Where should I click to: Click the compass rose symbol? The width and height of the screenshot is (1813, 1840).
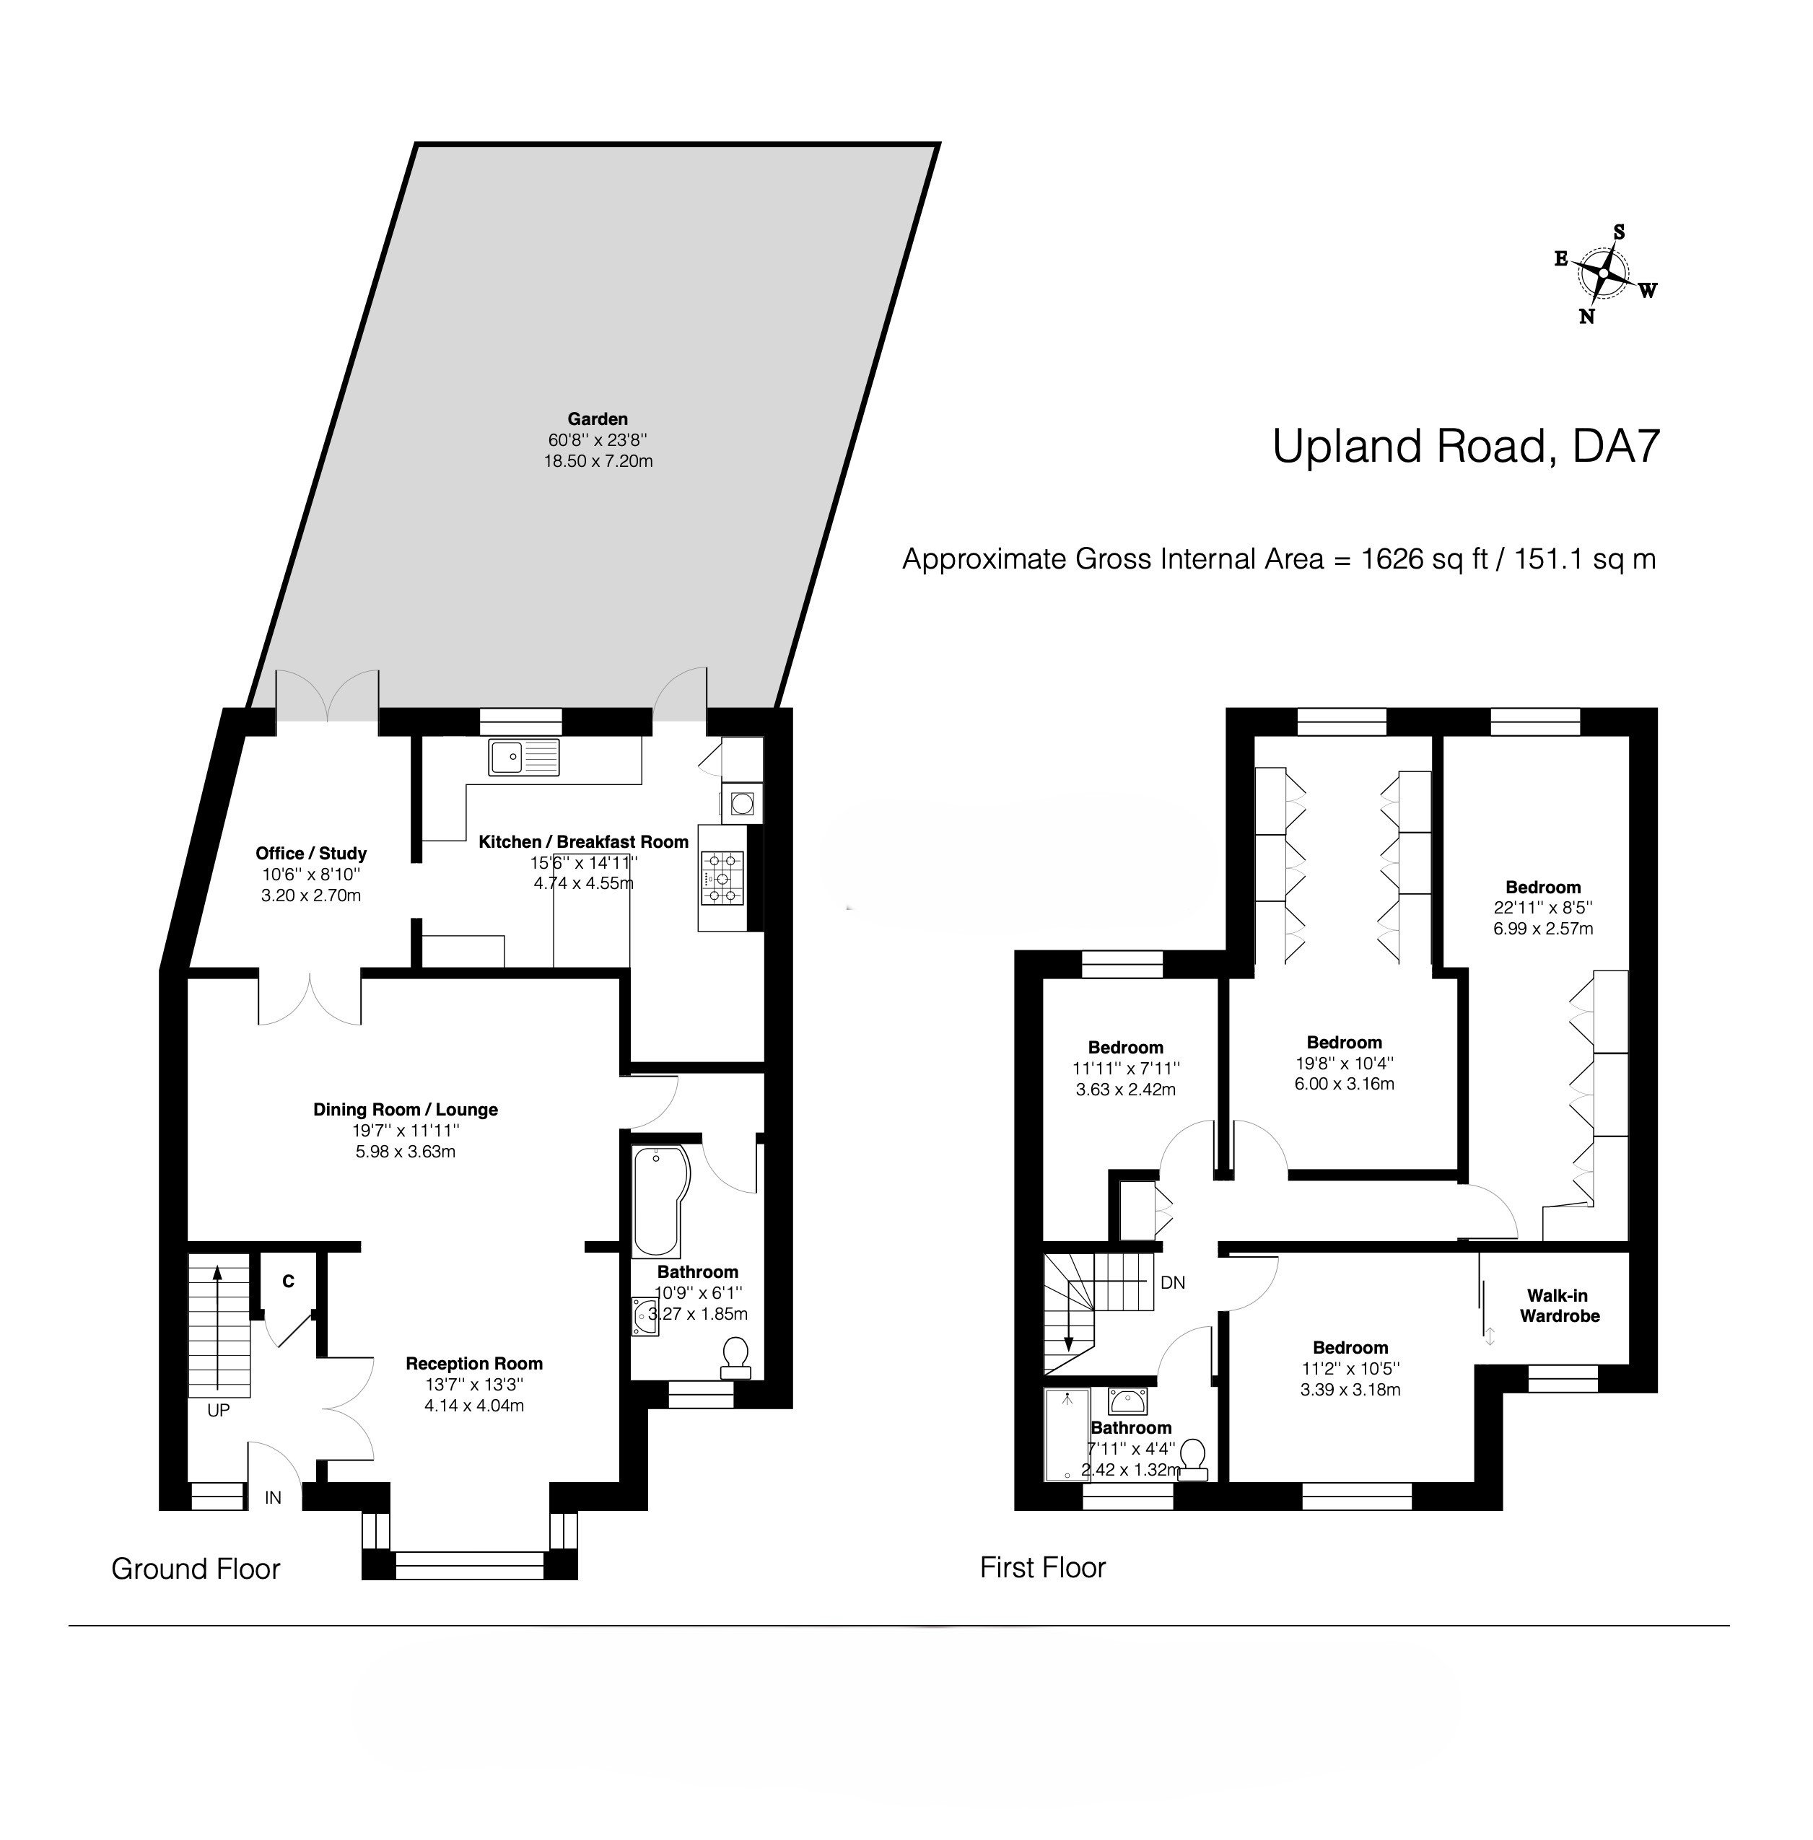1604,274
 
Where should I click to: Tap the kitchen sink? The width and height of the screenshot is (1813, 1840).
525,757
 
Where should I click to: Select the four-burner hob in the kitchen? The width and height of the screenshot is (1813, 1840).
722,877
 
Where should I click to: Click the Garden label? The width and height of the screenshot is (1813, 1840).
597,419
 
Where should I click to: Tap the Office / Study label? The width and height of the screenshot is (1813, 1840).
310,854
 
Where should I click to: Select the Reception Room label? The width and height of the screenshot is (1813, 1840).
474,1363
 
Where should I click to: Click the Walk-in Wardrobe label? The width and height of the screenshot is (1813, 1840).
1559,1306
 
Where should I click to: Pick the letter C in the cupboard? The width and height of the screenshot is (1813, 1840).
287,1282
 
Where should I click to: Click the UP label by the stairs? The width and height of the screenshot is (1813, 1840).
219,1410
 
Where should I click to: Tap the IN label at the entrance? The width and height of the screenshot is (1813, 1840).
274,1497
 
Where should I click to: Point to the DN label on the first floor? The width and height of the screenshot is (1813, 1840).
1173,1282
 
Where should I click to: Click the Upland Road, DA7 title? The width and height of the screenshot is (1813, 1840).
1467,445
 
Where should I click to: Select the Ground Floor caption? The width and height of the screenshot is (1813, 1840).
196,1569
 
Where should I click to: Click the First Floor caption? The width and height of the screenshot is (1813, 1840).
1043,1567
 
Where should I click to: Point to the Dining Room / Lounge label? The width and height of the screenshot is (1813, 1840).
406,1109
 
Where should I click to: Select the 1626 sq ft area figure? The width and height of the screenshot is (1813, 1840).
1425,558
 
